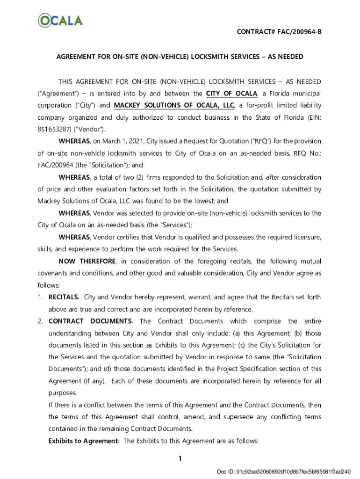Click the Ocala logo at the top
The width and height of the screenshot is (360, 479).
point(60,21)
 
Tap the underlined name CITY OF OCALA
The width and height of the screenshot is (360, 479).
point(231,93)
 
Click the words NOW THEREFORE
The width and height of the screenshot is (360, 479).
point(88,261)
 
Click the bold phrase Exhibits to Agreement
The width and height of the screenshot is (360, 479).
point(83,441)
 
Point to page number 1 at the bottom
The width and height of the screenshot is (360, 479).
point(180,459)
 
